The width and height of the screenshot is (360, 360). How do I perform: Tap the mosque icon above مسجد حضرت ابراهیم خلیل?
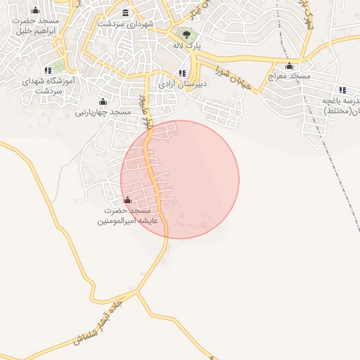coord(36,10)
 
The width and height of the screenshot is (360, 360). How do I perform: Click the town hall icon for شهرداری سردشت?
coord(126,13)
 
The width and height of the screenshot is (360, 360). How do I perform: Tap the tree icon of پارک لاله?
coord(186,34)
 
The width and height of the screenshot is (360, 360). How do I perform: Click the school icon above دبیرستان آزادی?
coord(182,73)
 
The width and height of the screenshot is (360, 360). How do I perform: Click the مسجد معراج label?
coord(289,76)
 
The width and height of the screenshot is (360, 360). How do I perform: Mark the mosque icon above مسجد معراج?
coord(289,65)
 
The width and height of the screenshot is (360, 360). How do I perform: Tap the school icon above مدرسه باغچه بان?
coord(342,89)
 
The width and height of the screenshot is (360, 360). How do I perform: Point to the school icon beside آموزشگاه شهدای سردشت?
coord(48,70)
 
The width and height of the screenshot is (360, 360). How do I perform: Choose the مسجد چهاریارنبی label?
coord(103,112)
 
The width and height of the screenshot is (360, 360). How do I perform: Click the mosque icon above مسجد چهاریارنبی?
coord(103,101)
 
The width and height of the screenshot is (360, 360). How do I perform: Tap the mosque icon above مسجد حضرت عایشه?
coord(127,200)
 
